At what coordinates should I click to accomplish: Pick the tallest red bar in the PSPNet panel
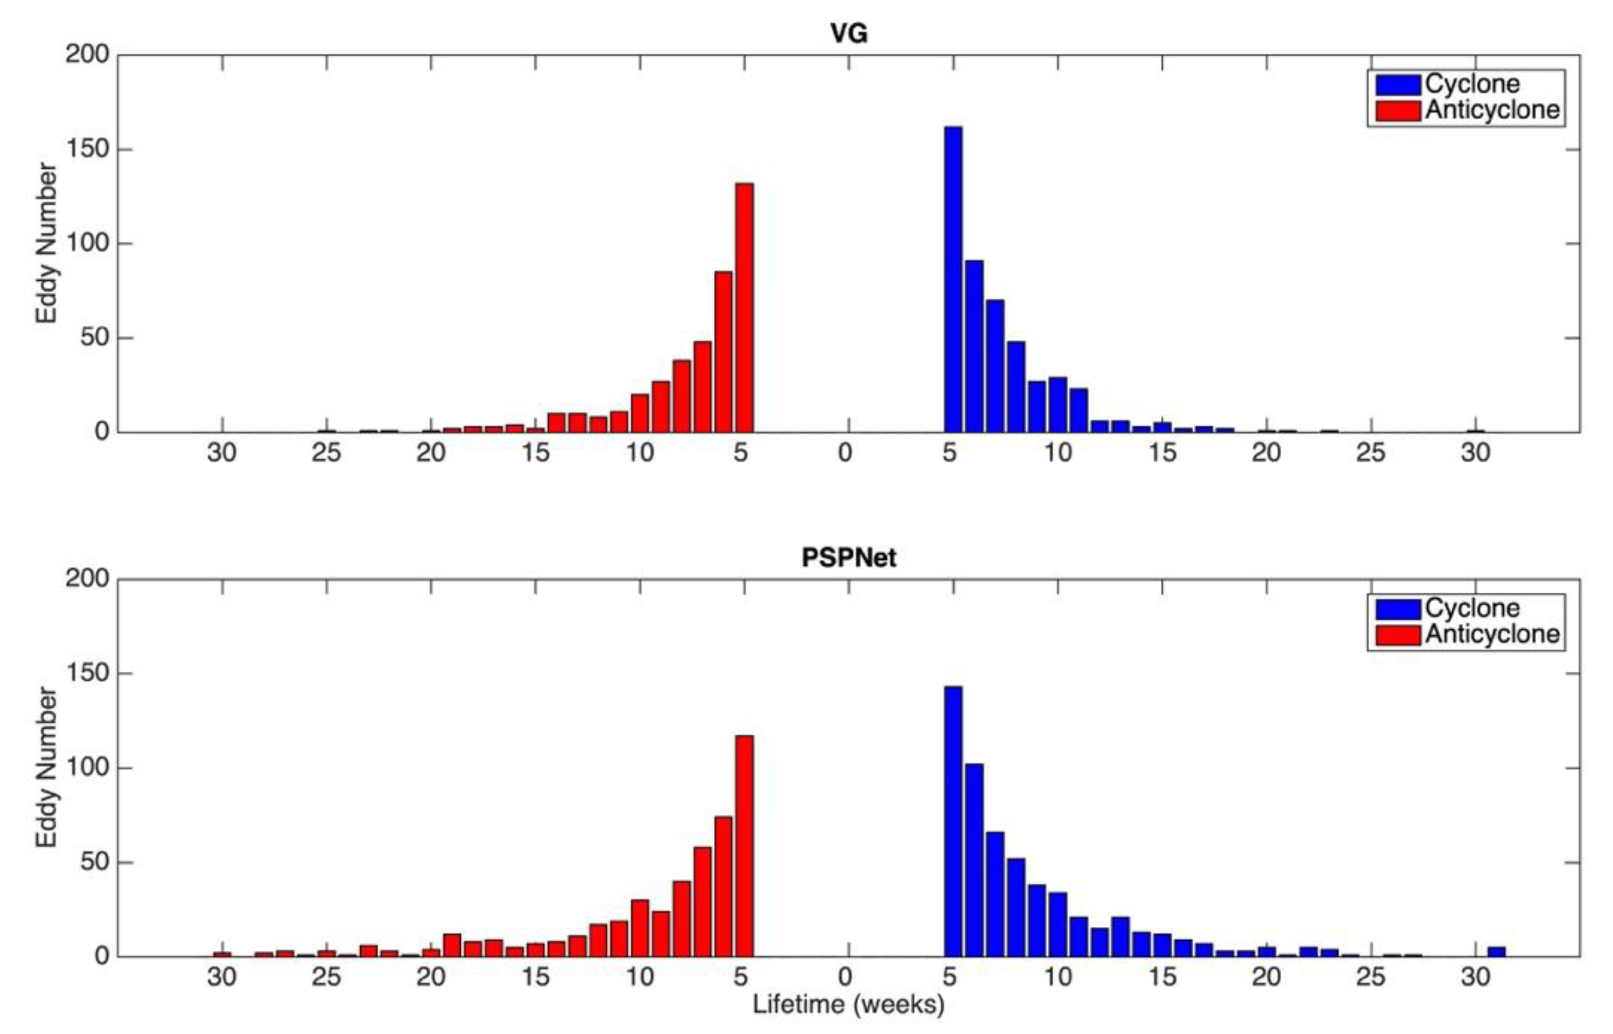pos(744,846)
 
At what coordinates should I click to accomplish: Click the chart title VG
pos(848,33)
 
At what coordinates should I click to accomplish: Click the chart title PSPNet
pos(848,557)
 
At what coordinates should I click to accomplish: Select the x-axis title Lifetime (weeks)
pos(848,1005)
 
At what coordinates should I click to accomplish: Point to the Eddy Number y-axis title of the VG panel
pos(46,243)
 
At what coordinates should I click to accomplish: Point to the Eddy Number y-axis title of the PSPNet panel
pos(46,767)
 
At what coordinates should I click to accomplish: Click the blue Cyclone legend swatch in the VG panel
pos(1397,85)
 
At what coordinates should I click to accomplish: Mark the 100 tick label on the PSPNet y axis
pos(87,767)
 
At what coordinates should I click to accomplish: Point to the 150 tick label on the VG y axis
pos(87,149)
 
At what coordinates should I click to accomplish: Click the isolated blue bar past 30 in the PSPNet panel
pos(1496,951)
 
